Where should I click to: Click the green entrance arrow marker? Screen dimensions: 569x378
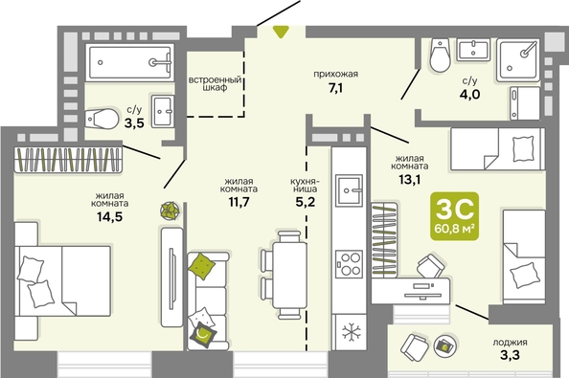[281, 32]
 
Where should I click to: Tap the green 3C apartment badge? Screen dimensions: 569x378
[454, 216]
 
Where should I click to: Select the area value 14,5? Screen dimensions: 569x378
[109, 216]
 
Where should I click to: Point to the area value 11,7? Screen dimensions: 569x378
[239, 202]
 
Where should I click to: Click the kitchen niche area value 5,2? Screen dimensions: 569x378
[306, 202]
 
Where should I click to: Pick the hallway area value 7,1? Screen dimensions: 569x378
[335, 88]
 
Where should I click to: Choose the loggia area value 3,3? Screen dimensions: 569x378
[510, 354]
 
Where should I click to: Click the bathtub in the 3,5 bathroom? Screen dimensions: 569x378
[130, 62]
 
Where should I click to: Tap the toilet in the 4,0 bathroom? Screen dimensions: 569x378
[440, 56]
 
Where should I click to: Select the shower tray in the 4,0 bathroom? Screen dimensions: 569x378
[517, 59]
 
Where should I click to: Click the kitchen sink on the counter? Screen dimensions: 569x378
[349, 189]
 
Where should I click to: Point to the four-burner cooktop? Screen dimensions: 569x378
[349, 264]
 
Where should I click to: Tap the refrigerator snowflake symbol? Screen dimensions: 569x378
[352, 332]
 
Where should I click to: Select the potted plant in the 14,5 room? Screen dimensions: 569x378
[170, 211]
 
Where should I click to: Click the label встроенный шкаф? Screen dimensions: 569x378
[216, 83]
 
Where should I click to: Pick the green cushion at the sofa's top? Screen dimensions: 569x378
[202, 266]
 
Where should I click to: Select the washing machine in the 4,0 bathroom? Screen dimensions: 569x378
[525, 103]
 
